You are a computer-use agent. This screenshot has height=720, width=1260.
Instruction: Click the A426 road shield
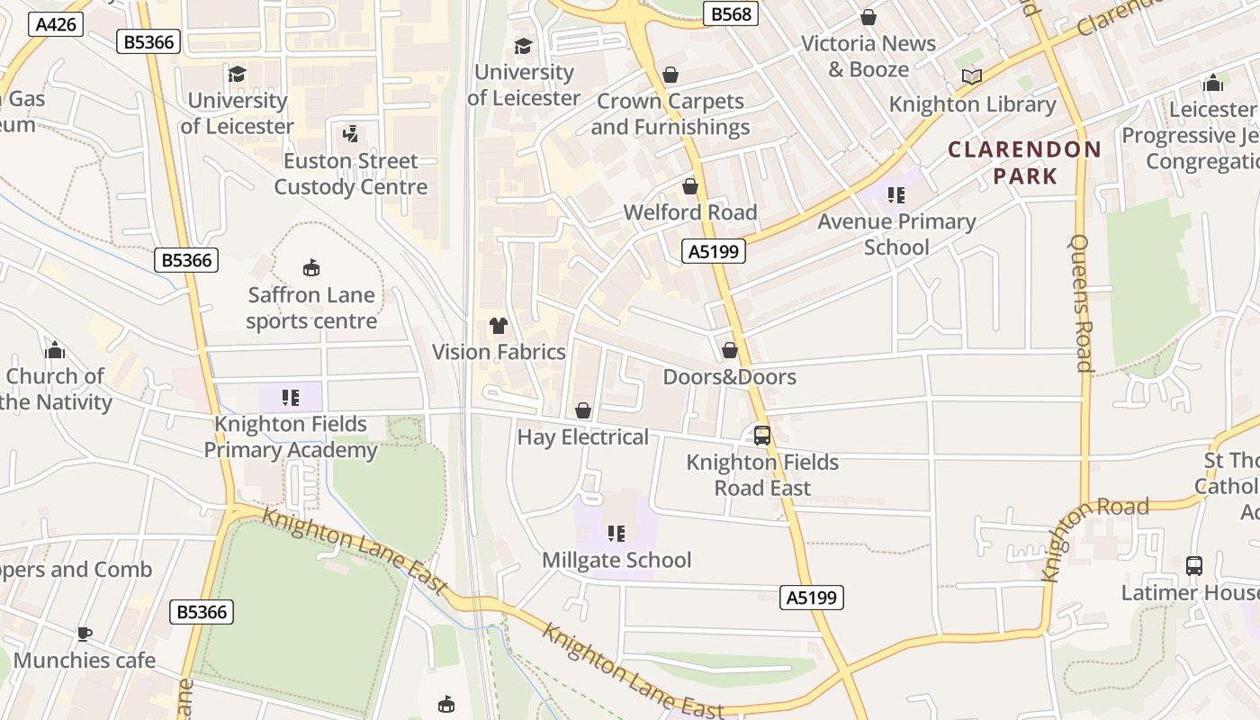[55, 24]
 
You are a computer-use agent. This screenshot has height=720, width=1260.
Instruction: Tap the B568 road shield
[730, 13]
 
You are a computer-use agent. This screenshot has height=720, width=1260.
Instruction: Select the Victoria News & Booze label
[868, 56]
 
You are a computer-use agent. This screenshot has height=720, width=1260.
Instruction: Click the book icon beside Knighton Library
[972, 76]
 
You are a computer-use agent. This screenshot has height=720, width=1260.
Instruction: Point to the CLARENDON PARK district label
[1024, 162]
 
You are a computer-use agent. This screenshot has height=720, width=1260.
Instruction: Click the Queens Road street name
[1081, 302]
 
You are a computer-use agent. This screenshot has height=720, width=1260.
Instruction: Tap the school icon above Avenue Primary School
[895, 194]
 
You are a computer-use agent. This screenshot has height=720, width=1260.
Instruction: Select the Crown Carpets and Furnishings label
[670, 114]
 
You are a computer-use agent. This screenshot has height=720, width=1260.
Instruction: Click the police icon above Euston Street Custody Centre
[350, 135]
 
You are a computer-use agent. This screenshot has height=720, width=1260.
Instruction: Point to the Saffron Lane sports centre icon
[311, 267]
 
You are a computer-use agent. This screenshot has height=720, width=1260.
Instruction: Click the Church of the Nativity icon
[55, 349]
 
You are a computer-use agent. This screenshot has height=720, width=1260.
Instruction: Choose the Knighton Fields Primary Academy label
[290, 436]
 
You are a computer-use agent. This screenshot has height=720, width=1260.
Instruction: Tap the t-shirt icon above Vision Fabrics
[499, 325]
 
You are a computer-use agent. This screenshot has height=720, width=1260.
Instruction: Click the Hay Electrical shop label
[582, 437]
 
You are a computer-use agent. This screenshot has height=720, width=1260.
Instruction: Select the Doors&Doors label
[730, 376]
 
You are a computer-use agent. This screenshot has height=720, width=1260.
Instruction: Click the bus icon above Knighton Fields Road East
[762, 436]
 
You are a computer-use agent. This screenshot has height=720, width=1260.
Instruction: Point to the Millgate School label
[616, 560]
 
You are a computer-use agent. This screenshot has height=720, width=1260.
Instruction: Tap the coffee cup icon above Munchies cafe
[84, 634]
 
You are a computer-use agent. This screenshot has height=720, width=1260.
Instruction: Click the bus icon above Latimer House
[1194, 566]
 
